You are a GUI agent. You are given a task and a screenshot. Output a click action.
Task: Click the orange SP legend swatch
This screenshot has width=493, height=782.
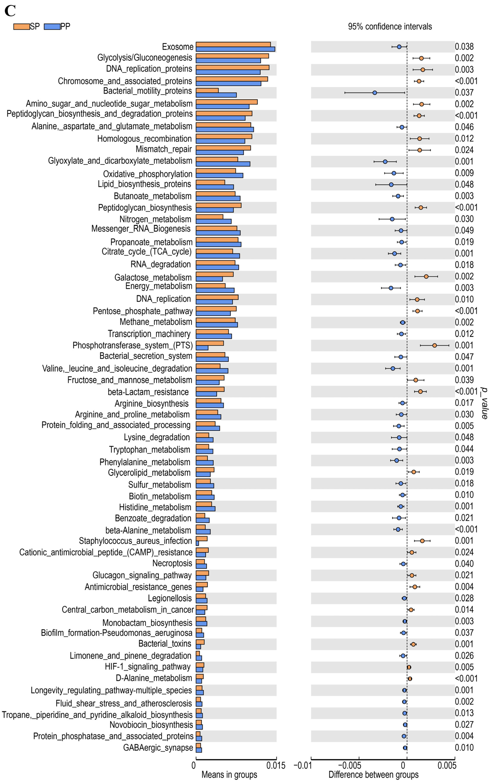coord(21,27)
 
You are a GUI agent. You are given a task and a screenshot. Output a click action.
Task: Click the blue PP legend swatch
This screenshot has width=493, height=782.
coord(52,27)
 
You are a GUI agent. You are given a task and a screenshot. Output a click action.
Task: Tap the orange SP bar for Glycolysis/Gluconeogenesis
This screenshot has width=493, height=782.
coord(232,56)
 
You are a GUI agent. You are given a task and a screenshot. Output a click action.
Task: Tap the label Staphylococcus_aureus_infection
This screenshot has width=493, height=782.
coord(135,541)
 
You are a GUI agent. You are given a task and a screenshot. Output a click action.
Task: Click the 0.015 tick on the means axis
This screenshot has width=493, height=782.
coord(276,765)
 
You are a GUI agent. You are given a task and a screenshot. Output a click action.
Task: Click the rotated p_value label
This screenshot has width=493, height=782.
coord(485,403)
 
